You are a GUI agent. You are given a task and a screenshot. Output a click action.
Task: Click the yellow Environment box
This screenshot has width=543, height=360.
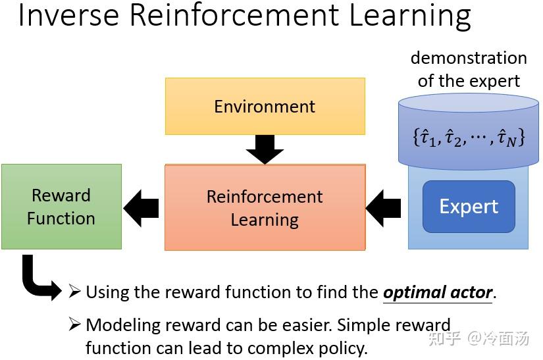pyautogui.click(x=265, y=107)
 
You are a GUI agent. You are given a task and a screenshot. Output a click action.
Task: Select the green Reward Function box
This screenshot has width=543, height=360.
pyautogui.click(x=61, y=207)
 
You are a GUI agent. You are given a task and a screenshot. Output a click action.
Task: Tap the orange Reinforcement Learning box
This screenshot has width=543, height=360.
pyautogui.click(x=265, y=207)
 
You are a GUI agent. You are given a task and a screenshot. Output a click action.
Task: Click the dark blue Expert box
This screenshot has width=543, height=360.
pyautogui.click(x=469, y=207)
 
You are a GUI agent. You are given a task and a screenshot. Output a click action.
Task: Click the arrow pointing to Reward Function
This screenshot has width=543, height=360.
pyautogui.click(x=142, y=207)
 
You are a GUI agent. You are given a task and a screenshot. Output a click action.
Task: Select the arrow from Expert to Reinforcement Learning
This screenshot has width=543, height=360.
pyautogui.click(x=384, y=207)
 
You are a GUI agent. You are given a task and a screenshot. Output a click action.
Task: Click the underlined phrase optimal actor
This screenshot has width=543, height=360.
pyautogui.click(x=438, y=292)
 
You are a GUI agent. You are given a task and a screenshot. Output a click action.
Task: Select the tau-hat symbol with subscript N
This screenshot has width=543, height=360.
pyautogui.click(x=506, y=139)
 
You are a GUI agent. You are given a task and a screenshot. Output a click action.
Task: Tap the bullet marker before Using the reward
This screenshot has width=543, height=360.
pyautogui.click(x=75, y=292)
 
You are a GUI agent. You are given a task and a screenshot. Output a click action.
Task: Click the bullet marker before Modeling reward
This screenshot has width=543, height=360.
pyautogui.click(x=75, y=324)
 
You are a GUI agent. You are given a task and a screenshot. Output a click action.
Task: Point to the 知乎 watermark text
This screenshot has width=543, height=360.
pyautogui.click(x=443, y=339)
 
